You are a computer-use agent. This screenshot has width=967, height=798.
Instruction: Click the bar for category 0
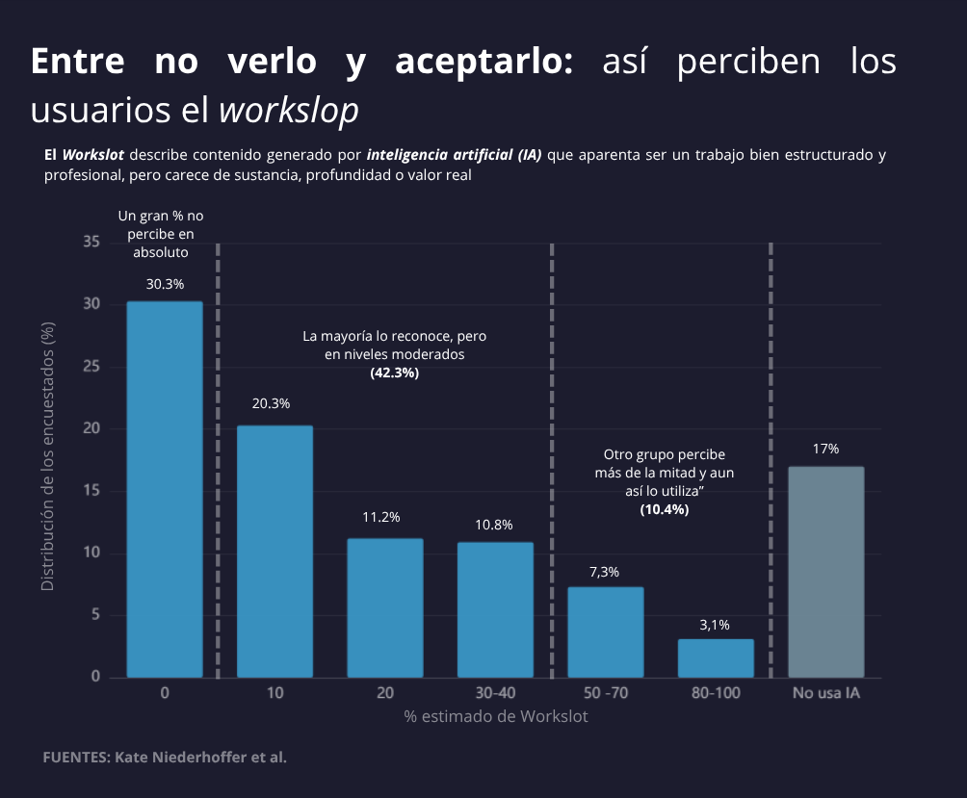[x=165, y=489]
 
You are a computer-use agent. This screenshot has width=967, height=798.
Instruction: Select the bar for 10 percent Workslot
[x=274, y=551]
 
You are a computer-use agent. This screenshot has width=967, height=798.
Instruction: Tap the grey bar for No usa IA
[x=825, y=572]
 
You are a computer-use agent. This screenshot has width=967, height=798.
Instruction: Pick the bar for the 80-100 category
[x=716, y=657]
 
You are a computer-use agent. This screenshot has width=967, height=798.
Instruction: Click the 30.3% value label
[x=165, y=284]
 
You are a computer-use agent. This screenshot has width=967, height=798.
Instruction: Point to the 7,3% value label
[x=604, y=572]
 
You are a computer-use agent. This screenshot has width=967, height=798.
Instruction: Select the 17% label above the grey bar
[x=825, y=449]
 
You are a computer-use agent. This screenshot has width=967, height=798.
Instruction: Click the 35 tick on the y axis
[x=91, y=243]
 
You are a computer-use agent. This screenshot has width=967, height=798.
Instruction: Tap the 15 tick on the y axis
[x=91, y=491]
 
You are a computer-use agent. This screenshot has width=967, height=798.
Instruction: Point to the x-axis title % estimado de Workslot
[x=495, y=716]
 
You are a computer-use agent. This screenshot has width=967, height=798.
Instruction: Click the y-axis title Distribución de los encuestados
[x=47, y=457]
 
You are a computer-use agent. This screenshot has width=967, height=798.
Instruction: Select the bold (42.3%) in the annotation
[x=394, y=372]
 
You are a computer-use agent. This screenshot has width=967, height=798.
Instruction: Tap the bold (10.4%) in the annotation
[x=664, y=508]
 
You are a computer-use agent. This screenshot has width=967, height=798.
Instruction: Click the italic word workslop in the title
[x=289, y=110]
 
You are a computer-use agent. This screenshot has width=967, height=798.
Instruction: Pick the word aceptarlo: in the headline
[x=484, y=62]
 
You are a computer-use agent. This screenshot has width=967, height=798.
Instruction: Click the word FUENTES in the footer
[x=76, y=757]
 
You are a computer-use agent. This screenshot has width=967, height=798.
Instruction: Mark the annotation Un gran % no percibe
[x=161, y=234]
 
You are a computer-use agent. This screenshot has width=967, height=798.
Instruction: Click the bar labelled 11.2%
[x=384, y=606]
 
